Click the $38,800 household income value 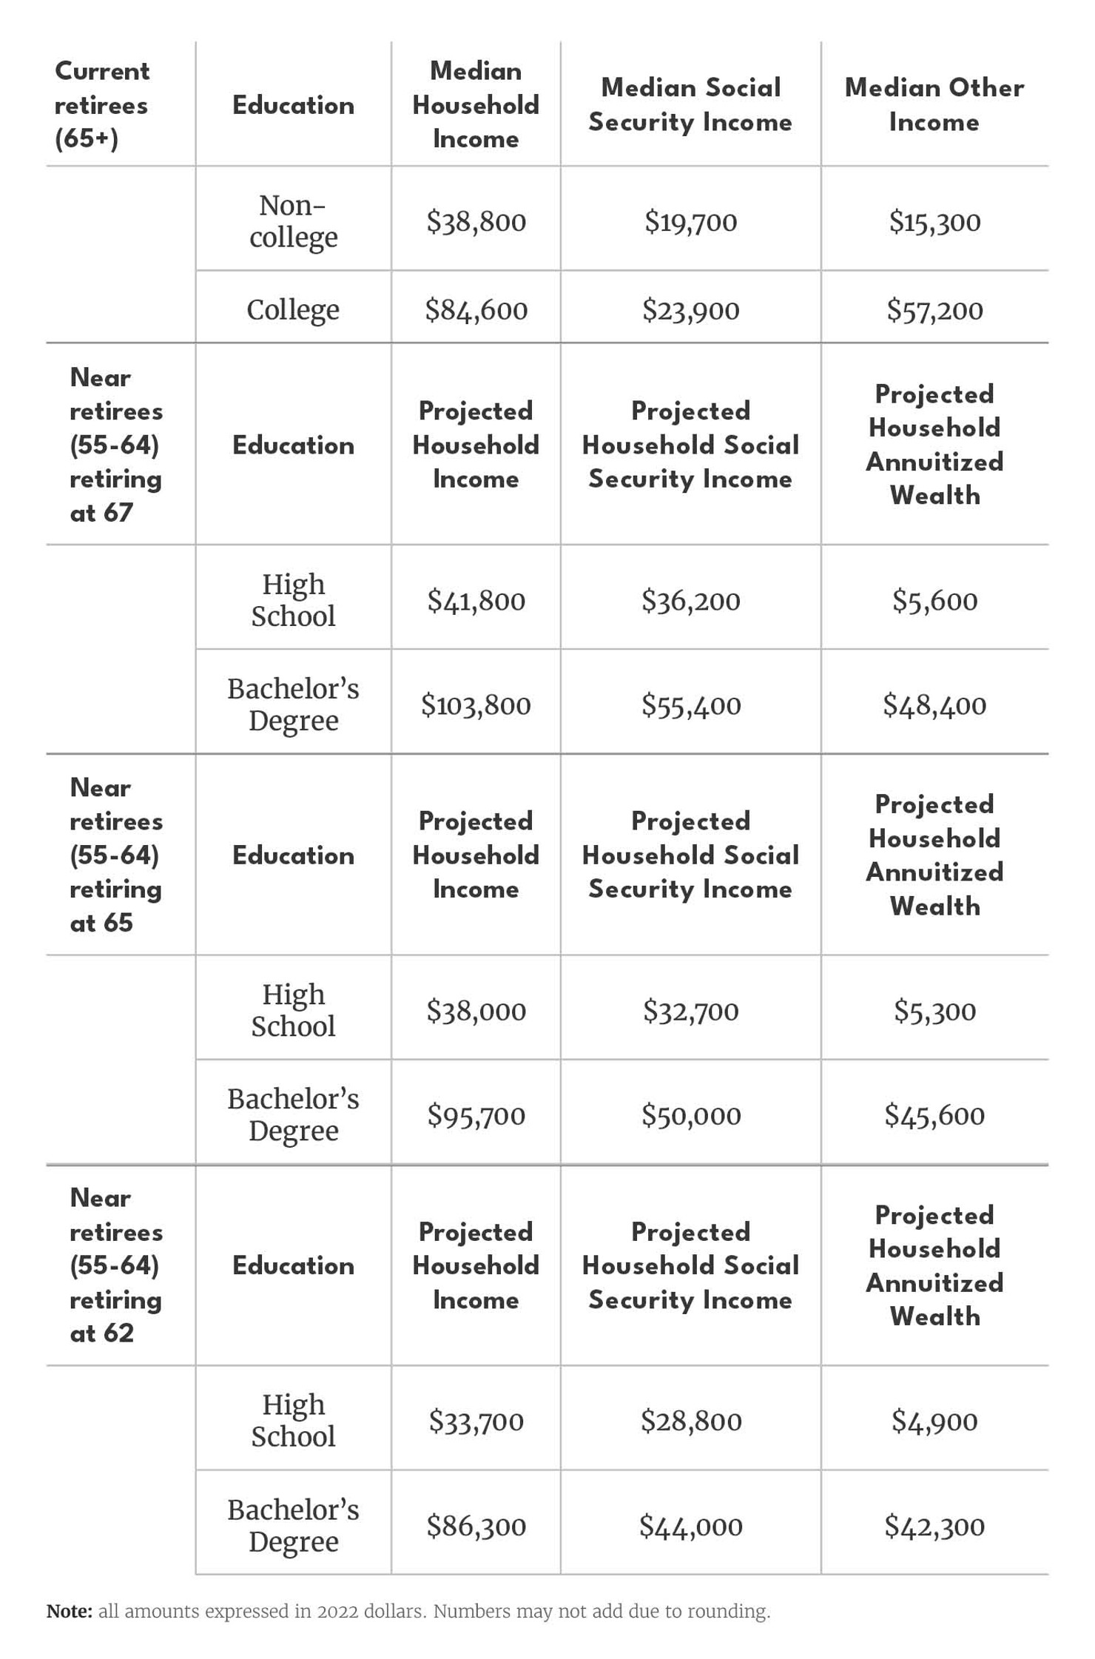[476, 221]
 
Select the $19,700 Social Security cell [690, 221]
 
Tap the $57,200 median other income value [934, 309]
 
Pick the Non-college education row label [293, 221]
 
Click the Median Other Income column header [934, 104]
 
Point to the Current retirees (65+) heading [102, 104]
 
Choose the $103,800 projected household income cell [476, 704]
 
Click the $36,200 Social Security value [690, 600]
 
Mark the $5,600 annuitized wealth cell [934, 600]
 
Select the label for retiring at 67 [115, 445]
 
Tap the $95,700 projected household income [476, 1114]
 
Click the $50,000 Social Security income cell [690, 1114]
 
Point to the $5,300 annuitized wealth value [934, 1010]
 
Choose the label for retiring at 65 [115, 855]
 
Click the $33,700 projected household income [476, 1420]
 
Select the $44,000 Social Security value [690, 1525]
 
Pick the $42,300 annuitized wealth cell [934, 1525]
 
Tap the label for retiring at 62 [115, 1265]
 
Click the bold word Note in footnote [69, 1611]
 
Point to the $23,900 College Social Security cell [690, 309]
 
